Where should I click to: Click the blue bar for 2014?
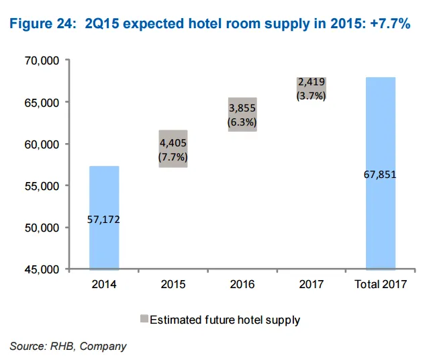(x=104, y=195)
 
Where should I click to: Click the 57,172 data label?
(x=104, y=219)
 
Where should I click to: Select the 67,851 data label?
(x=380, y=175)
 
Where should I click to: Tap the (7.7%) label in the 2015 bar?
(x=173, y=156)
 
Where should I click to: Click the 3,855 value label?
(x=242, y=108)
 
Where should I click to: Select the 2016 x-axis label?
(x=242, y=284)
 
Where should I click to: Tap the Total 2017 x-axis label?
(x=380, y=284)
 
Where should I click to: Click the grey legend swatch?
(x=144, y=320)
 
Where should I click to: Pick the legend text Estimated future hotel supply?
(x=224, y=320)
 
